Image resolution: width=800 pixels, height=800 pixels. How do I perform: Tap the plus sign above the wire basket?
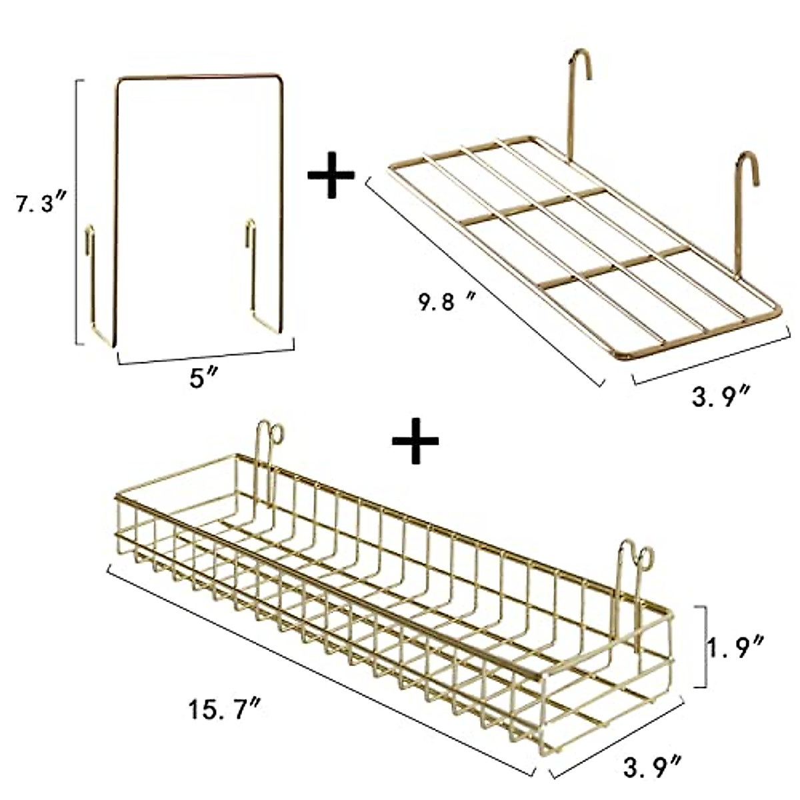click(x=415, y=441)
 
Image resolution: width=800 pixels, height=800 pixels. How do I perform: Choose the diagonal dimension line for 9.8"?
click(x=483, y=280)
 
